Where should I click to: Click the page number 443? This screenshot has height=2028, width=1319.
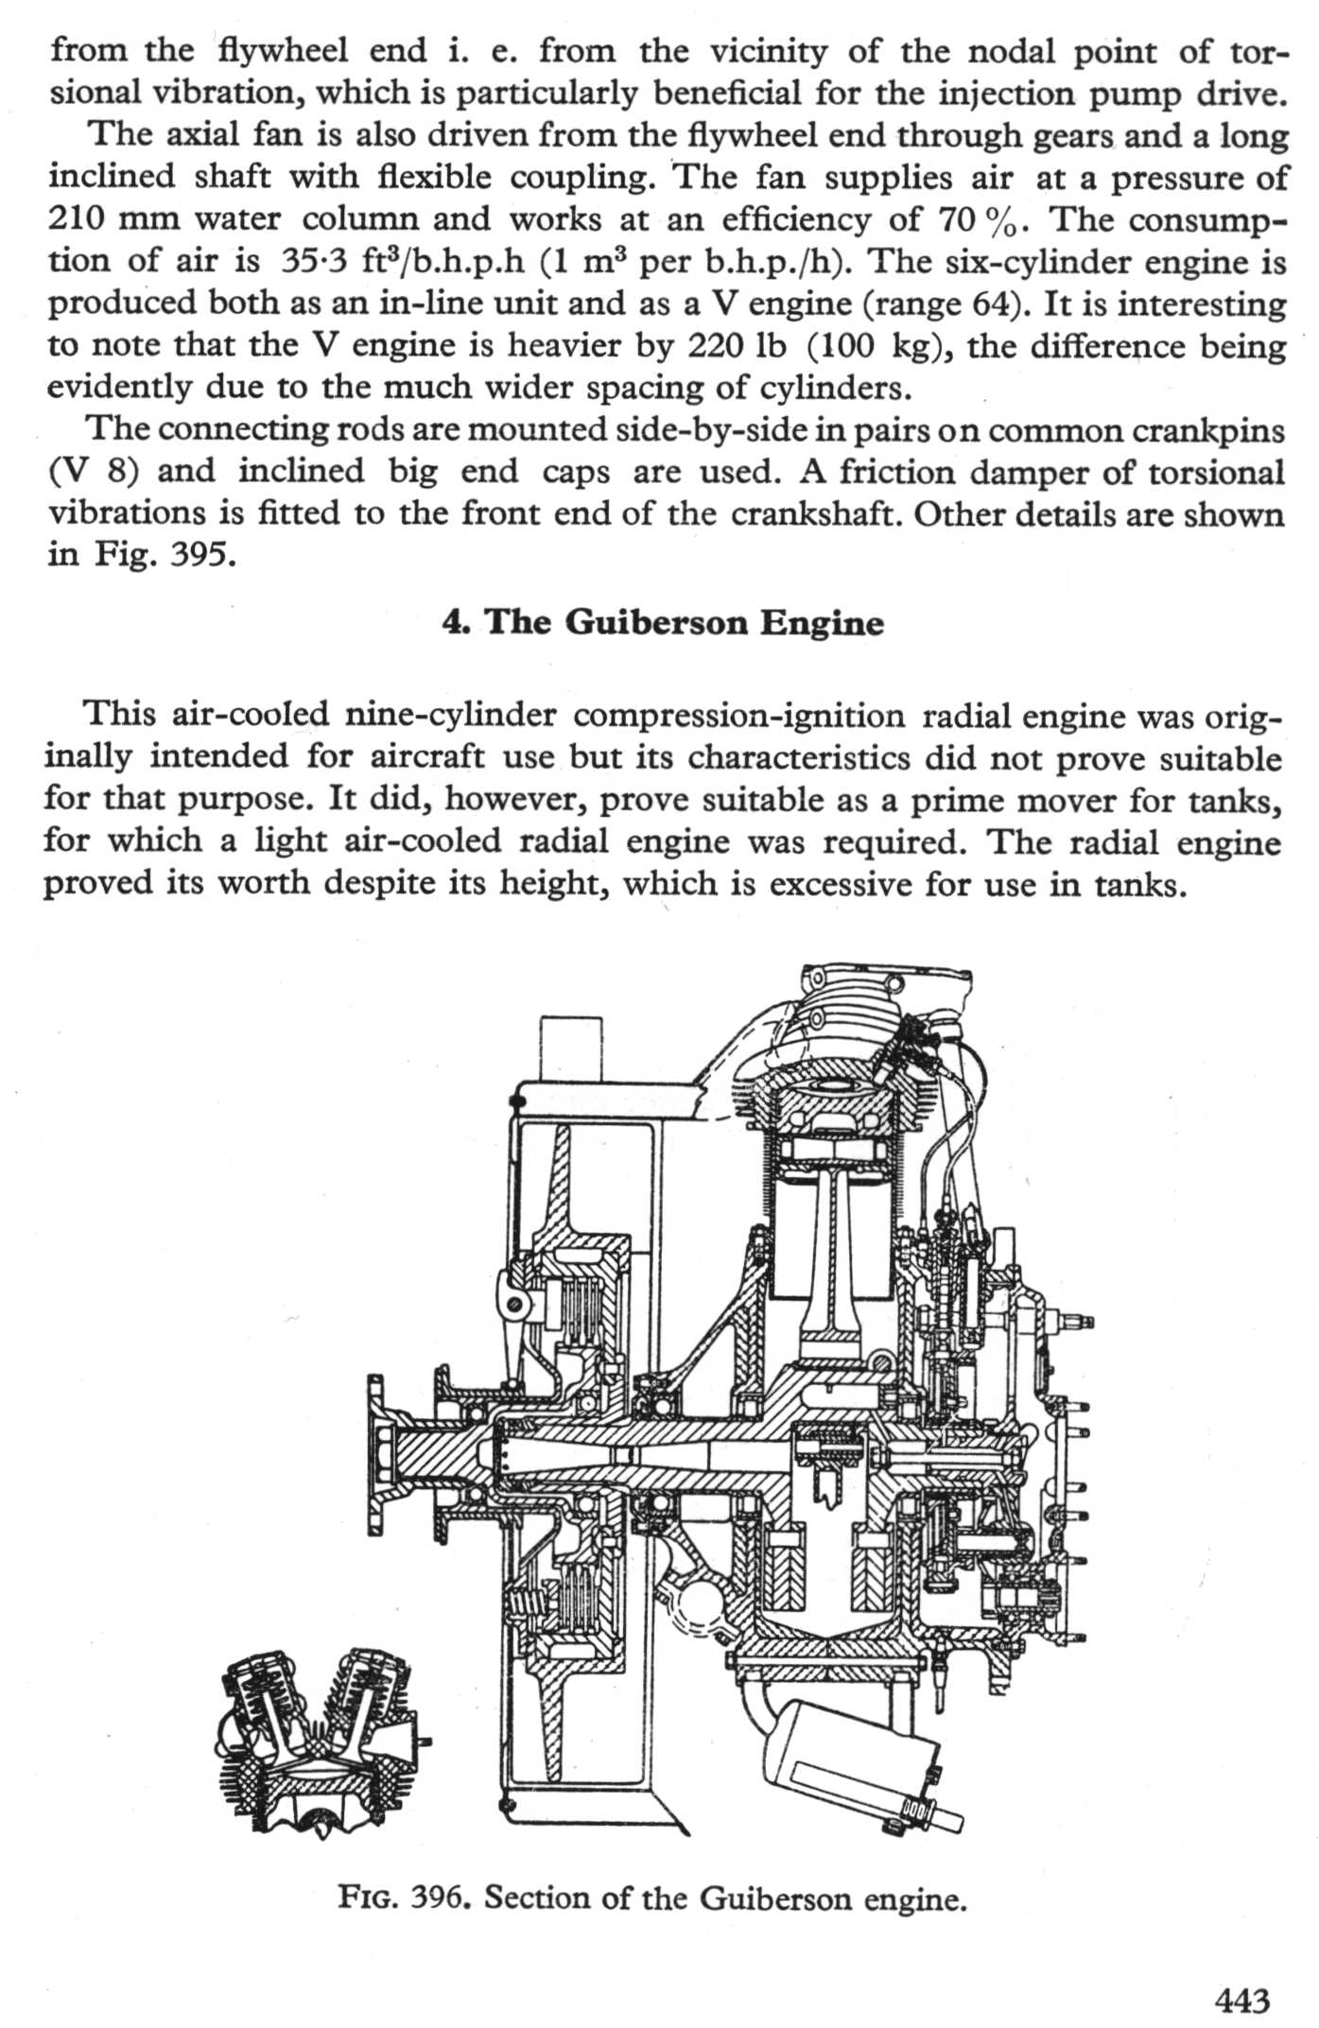(x=1242, y=2000)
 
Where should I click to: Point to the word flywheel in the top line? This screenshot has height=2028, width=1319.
(x=282, y=50)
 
